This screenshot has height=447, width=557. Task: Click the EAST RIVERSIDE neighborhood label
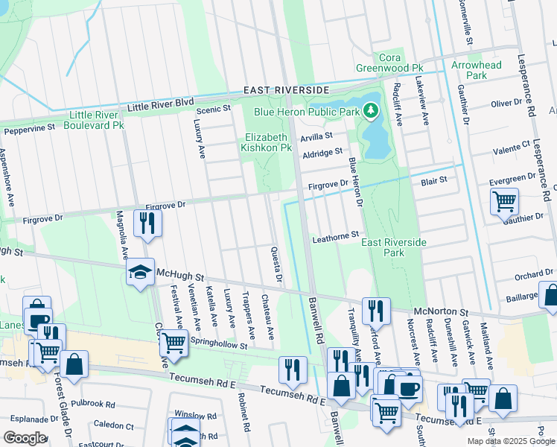pos(287,90)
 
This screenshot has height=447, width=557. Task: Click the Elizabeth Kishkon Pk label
pos(268,142)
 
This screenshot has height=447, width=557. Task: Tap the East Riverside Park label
pos(394,247)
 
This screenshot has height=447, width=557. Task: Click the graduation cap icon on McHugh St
pos(140,273)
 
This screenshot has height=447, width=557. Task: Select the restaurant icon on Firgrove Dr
pos(147,223)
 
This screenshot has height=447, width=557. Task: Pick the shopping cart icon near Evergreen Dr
pos(504,201)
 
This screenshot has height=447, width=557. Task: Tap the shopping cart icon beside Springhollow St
pos(173,343)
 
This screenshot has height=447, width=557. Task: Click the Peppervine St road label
pos(29,130)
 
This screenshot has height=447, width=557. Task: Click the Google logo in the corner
pos(24,437)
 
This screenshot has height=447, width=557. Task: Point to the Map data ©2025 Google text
pos(511,441)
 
